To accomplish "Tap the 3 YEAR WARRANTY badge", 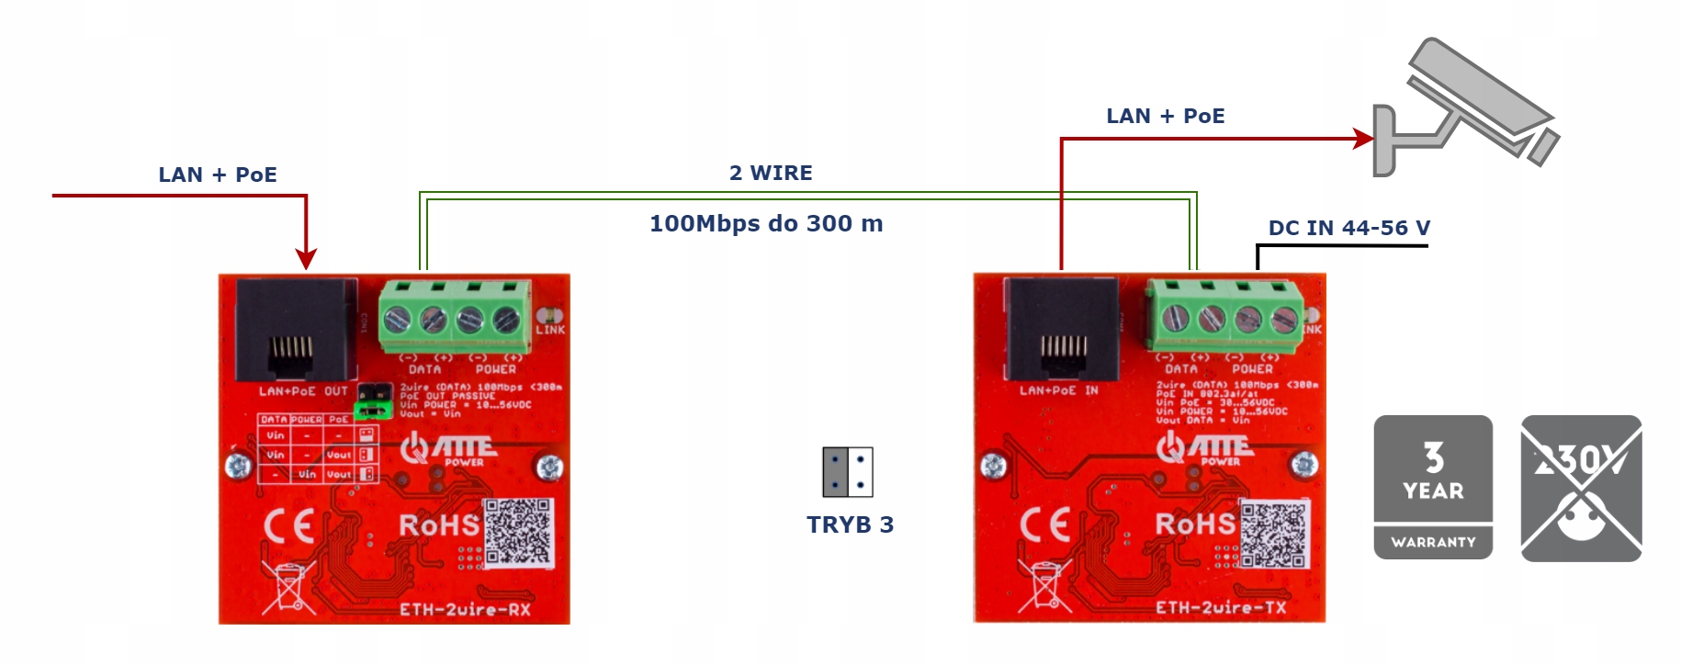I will [x=1433, y=487].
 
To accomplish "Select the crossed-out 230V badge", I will [x=1581, y=487].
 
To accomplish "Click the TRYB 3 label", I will [x=850, y=524].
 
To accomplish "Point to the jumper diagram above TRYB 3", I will [x=847, y=471].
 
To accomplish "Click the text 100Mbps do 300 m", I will [x=766, y=224].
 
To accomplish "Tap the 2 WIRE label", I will [x=771, y=173].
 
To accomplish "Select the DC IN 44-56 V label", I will [x=1348, y=228].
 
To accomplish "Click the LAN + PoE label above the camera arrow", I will [x=1165, y=116].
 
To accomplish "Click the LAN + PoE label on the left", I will [x=218, y=175].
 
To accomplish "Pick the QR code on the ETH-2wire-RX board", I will [x=519, y=532].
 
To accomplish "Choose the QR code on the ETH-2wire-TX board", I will [x=1274, y=535].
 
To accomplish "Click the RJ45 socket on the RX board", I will [x=296, y=331].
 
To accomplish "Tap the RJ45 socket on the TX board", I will [x=1064, y=331].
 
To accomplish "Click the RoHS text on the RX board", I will [x=439, y=524].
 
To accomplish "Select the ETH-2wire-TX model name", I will [x=1220, y=607].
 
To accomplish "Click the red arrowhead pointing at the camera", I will [x=1364, y=139].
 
